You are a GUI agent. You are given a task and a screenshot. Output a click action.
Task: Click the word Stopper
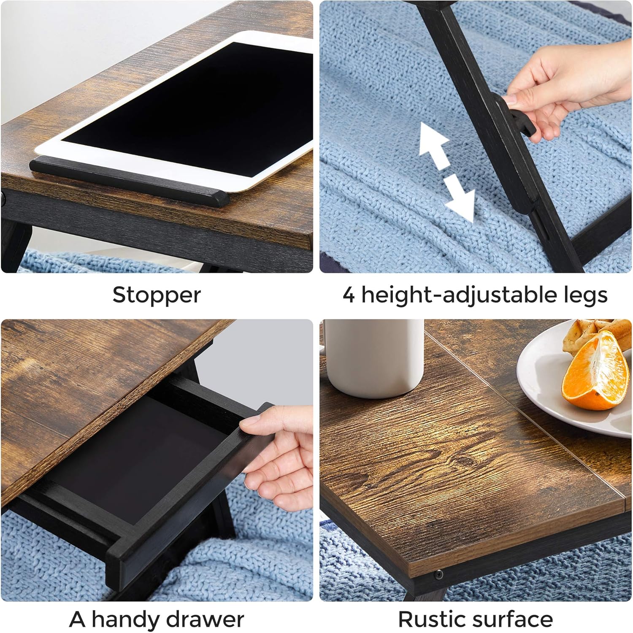click(x=157, y=295)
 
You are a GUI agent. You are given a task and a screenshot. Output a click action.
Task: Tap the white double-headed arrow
click(x=446, y=172)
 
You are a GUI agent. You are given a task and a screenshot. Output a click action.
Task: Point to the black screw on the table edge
click(x=439, y=573)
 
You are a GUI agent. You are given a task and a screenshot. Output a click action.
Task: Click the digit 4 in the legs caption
click(x=349, y=295)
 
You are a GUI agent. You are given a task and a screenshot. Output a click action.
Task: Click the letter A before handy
click(x=78, y=619)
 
